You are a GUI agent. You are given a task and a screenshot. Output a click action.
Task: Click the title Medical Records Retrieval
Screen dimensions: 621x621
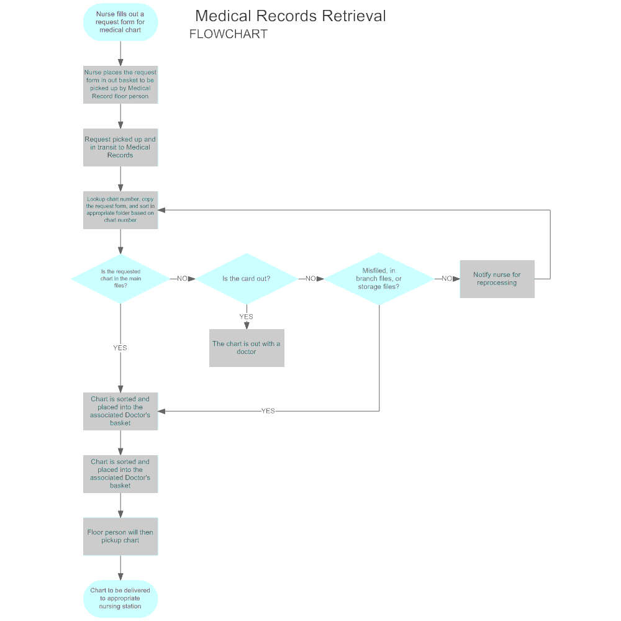[290, 16]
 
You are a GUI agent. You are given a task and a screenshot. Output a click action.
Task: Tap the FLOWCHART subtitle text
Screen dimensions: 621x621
[228, 34]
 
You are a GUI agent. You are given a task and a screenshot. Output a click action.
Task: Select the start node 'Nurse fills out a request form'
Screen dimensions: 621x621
[120, 22]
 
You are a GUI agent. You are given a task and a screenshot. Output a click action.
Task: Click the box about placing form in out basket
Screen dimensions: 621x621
[120, 84]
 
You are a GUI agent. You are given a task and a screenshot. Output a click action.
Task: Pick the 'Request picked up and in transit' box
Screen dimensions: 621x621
[120, 147]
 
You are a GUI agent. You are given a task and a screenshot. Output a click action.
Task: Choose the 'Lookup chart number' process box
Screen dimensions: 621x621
[120, 210]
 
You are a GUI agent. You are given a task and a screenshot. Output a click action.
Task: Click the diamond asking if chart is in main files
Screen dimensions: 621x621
[120, 279]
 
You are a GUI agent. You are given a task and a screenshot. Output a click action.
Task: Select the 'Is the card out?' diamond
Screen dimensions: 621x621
[247, 279]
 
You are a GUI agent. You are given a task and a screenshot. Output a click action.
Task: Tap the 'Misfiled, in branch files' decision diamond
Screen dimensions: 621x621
[379, 279]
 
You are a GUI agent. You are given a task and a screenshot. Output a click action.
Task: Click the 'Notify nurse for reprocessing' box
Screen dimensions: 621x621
[497, 279]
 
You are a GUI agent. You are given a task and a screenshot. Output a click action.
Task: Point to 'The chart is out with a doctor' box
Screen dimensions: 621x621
[247, 348]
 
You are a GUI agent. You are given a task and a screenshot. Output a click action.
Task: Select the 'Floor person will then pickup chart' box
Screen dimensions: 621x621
[120, 537]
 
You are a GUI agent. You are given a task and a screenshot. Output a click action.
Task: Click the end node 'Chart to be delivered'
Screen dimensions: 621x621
[120, 599]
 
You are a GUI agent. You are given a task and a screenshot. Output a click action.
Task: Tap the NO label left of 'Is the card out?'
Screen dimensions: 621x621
[182, 279]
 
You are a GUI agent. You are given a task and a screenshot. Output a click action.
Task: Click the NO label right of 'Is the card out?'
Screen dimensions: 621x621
[310, 279]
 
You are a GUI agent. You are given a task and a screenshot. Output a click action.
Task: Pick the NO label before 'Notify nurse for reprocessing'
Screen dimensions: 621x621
[446, 279]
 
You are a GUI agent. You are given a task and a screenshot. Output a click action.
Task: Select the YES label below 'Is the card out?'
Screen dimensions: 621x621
[247, 317]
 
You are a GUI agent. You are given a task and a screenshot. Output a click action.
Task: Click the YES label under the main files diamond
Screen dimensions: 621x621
[120, 348]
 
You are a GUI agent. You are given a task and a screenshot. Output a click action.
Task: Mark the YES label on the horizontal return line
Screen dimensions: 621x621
[268, 411]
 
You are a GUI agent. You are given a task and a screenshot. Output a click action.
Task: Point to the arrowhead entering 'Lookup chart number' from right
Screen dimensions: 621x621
[161, 210]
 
